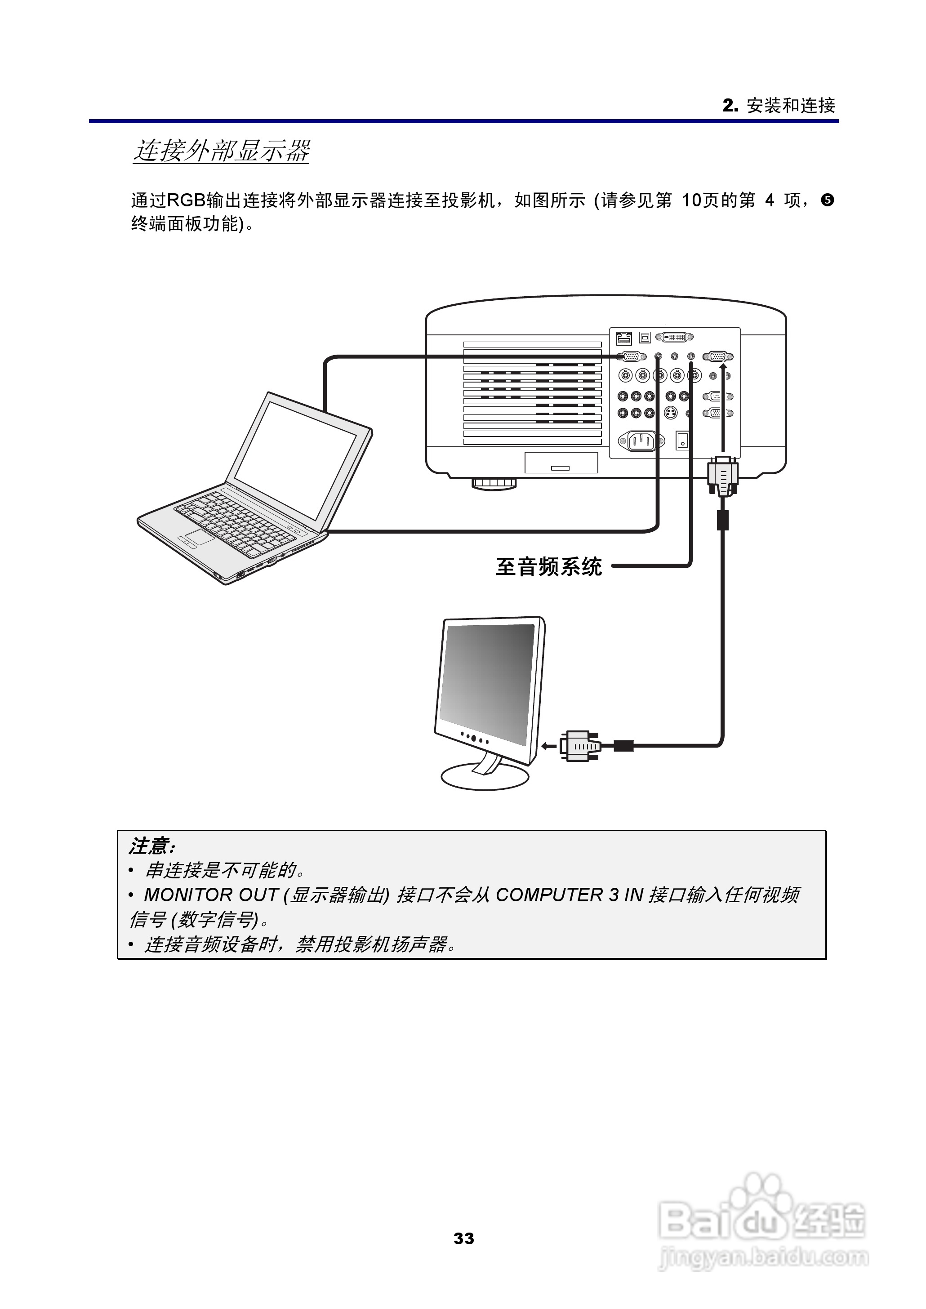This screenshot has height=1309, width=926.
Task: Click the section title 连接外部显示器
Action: (221, 151)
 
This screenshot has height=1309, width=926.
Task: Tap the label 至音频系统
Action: (548, 567)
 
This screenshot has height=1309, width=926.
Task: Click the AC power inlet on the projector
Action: (641, 440)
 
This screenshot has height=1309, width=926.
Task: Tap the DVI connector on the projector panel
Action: (675, 338)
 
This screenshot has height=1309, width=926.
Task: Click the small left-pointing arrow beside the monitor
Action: (548, 746)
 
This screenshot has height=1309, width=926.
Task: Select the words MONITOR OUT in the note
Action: (210, 895)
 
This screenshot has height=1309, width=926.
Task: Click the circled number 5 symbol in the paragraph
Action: (828, 200)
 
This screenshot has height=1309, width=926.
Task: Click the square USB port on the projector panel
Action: (645, 338)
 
